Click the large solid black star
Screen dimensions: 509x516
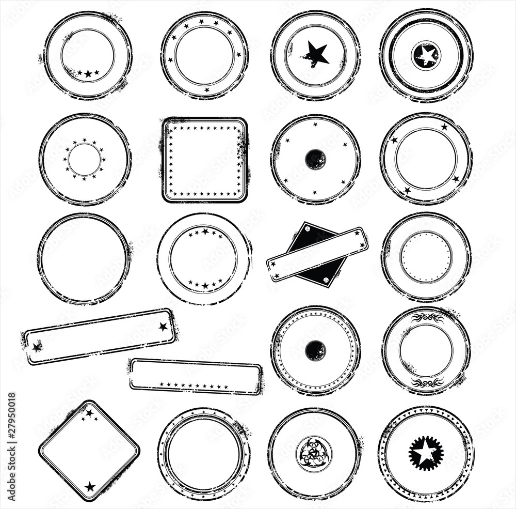click(x=316, y=54)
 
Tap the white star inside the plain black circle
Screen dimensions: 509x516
click(x=426, y=55)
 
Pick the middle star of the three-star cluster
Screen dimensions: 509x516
click(x=88, y=74)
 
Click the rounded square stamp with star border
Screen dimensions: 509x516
click(x=205, y=160)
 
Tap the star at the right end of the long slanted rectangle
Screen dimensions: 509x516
click(x=163, y=326)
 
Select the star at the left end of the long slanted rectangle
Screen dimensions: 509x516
click(x=37, y=347)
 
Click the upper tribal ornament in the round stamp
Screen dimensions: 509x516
click(x=427, y=317)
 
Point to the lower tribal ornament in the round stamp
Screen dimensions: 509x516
click(x=427, y=382)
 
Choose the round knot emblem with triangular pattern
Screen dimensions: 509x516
click(x=314, y=454)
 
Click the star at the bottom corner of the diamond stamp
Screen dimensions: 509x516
click(x=90, y=486)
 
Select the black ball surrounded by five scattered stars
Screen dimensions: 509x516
click(x=315, y=159)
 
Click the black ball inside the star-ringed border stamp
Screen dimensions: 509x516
click(x=315, y=351)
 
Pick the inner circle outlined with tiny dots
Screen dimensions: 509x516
click(x=426, y=257)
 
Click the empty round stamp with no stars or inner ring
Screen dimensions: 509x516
click(x=83, y=258)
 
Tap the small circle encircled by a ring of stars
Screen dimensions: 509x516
click(x=85, y=160)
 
